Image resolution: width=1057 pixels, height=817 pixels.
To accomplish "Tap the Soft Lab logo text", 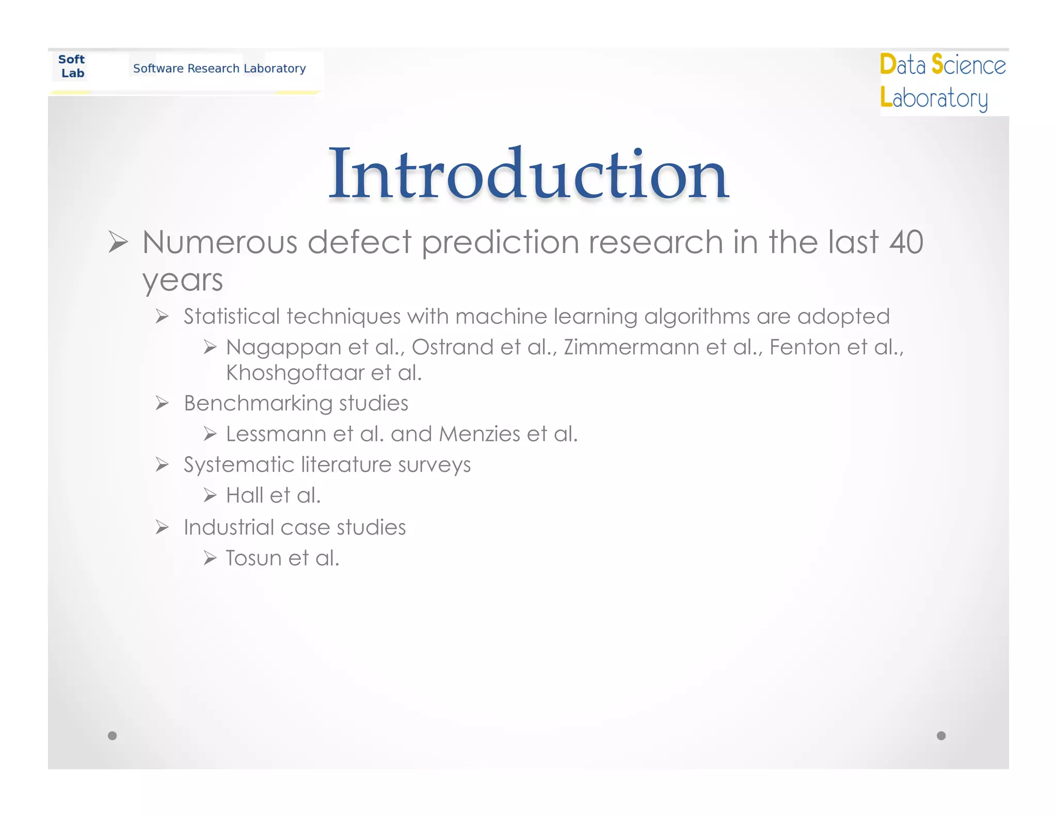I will pyautogui.click(x=72, y=66).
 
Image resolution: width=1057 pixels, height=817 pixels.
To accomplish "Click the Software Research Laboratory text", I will pyautogui.click(x=219, y=68).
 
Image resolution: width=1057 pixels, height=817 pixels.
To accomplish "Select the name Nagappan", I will pyautogui.click(x=283, y=348).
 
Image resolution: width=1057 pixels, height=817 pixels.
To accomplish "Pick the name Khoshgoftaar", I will pyautogui.click(x=295, y=373).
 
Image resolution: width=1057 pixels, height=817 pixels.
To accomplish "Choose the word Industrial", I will pyautogui.click(x=229, y=527).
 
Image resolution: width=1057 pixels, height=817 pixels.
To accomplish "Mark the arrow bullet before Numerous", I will pyautogui.click(x=118, y=242).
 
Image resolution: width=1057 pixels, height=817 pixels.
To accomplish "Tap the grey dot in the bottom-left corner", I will pyautogui.click(x=112, y=735).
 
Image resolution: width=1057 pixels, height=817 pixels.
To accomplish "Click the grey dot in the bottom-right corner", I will pyautogui.click(x=941, y=735).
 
